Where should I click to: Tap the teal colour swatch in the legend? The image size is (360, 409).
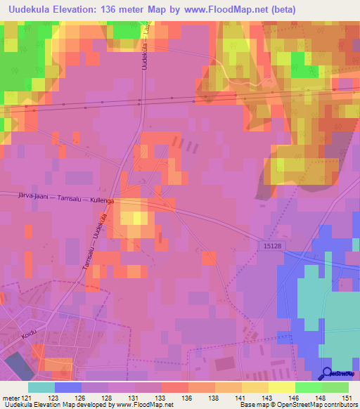pos(41,387)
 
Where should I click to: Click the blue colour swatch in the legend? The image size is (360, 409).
pos(68,387)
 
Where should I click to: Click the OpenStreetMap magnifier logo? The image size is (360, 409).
pos(328,374)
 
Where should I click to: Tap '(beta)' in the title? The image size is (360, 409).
pos(280,9)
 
